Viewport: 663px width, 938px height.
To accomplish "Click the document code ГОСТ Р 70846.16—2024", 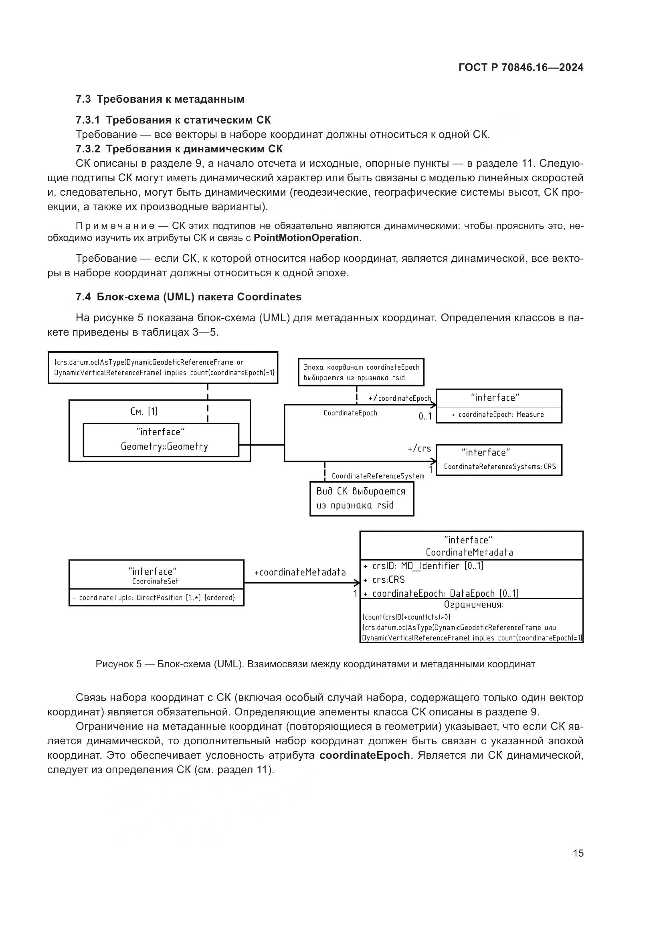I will [521, 68].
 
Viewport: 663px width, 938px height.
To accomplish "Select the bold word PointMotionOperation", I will [306, 238].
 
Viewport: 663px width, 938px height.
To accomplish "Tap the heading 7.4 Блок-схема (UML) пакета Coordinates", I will [188, 297].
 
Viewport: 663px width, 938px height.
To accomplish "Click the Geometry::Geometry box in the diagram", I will [161, 440].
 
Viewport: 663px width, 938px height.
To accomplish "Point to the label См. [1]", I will [144, 411].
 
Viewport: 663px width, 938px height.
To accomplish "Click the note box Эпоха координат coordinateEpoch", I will [361, 372].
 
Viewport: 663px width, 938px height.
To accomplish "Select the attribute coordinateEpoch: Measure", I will [498, 415].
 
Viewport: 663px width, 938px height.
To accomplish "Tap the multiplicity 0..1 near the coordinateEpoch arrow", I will [424, 417].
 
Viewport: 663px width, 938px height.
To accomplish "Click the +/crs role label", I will [419, 449].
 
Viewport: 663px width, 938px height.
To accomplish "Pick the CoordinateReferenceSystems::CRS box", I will [499, 460].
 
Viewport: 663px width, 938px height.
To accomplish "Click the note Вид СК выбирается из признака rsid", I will [361, 498].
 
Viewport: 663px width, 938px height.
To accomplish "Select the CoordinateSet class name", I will [155, 581].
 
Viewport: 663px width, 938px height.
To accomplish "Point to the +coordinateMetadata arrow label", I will [300, 572].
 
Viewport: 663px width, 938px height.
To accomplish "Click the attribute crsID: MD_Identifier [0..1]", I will [423, 566].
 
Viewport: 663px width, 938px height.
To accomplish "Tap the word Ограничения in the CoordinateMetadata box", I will [473, 605].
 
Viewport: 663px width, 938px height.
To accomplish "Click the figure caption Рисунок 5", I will [315, 664].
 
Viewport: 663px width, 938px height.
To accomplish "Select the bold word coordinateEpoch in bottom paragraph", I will [364, 756].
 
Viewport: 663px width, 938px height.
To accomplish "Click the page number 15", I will [578, 853].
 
